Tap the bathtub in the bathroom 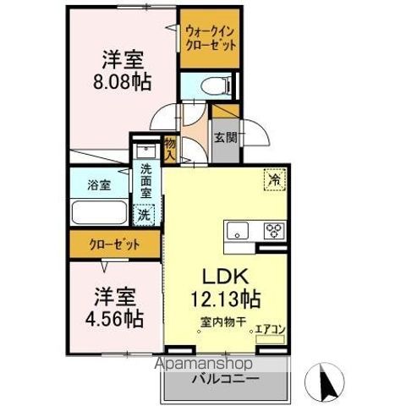(99, 212)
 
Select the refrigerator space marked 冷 (275, 179)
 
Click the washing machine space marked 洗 (144, 215)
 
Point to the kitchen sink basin (238, 230)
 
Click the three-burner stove (274, 230)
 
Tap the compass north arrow (326, 383)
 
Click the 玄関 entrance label (226, 137)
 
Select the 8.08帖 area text (122, 82)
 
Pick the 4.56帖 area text (114, 319)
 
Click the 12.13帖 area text (226, 299)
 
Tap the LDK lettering (226, 277)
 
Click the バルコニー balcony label (226, 379)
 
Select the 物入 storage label (170, 150)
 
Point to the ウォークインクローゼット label (211, 38)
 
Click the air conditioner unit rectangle (270, 339)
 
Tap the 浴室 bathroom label (99, 185)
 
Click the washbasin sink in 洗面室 (145, 151)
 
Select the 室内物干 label (223, 321)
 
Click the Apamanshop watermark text (204, 364)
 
